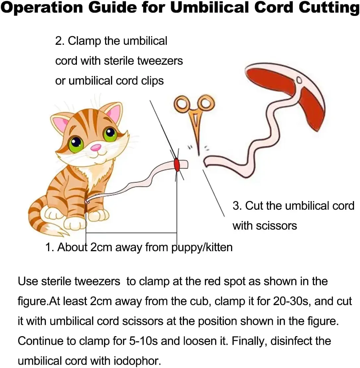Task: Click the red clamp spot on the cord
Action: (177, 165)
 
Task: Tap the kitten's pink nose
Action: (96, 148)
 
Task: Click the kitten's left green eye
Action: (76, 144)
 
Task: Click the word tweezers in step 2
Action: (160, 61)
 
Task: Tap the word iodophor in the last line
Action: (138, 361)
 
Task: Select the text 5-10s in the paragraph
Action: (143, 341)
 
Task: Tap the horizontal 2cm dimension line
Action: (131, 233)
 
